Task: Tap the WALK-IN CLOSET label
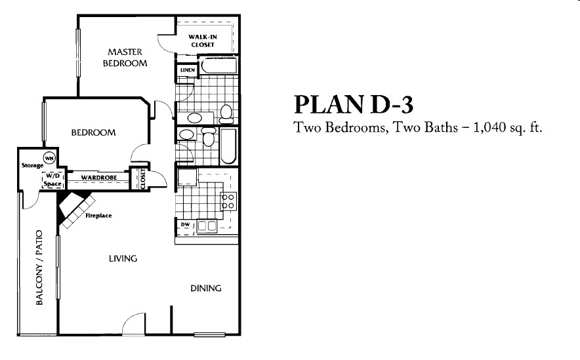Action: click(x=203, y=41)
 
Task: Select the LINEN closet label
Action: click(x=183, y=70)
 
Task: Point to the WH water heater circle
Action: click(x=49, y=158)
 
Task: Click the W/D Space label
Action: click(x=52, y=180)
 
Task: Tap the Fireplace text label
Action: click(x=99, y=215)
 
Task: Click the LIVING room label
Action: click(x=123, y=258)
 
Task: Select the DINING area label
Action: click(x=205, y=288)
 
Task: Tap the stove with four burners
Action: click(x=228, y=201)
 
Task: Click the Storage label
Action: click(x=31, y=165)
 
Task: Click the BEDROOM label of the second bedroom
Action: click(x=93, y=132)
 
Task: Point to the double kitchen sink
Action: click(x=207, y=226)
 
